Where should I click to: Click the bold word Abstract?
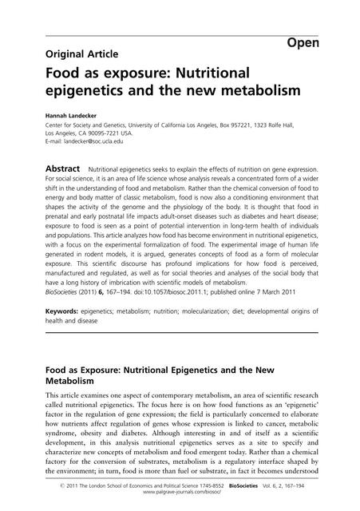[61, 170]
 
